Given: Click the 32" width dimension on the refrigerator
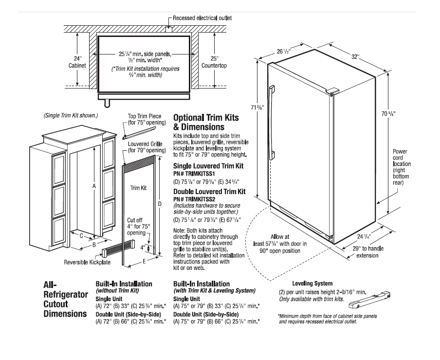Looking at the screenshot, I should pyautogui.click(x=356, y=57).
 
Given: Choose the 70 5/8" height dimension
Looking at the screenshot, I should pyautogui.click(x=388, y=113).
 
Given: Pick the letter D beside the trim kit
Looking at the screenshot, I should pyautogui.click(x=159, y=204).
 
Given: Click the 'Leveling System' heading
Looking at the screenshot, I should pyautogui.click(x=312, y=283).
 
